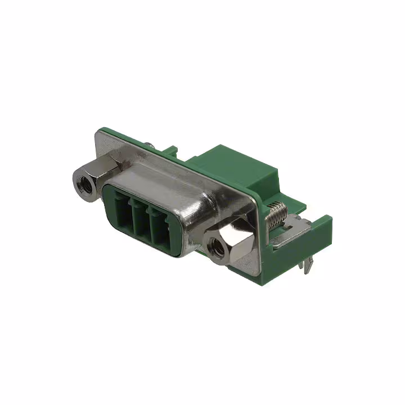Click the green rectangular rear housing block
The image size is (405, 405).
click(236, 169)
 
